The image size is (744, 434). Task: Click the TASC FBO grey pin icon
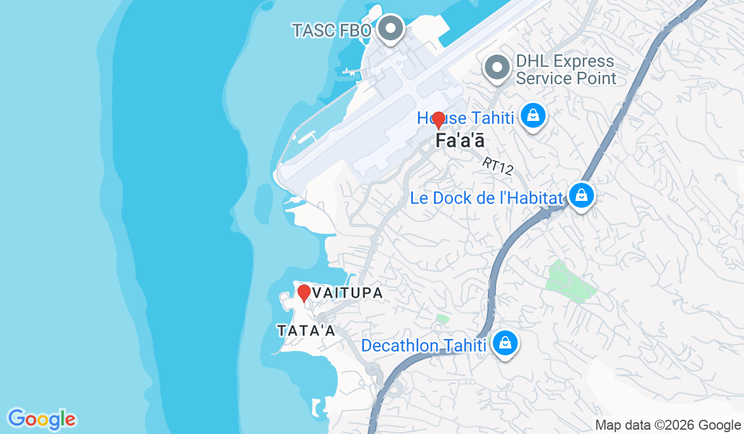pos(391,29)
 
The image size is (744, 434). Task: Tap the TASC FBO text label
pos(332,30)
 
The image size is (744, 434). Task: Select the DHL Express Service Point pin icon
pos(497,68)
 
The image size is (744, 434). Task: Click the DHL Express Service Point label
pos(565,70)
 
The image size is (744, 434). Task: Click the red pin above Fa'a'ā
pos(438,119)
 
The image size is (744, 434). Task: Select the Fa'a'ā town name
pos(459,141)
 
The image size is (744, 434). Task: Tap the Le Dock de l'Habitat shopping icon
pos(582,195)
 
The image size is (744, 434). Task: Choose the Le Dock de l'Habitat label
pos(487,198)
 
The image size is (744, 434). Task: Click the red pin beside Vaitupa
pos(304,292)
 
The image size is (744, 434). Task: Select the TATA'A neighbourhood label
pos(306,330)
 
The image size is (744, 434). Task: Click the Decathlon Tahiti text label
pos(423,345)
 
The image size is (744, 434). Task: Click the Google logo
pos(42,419)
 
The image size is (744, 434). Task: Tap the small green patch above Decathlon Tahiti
pos(442,319)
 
